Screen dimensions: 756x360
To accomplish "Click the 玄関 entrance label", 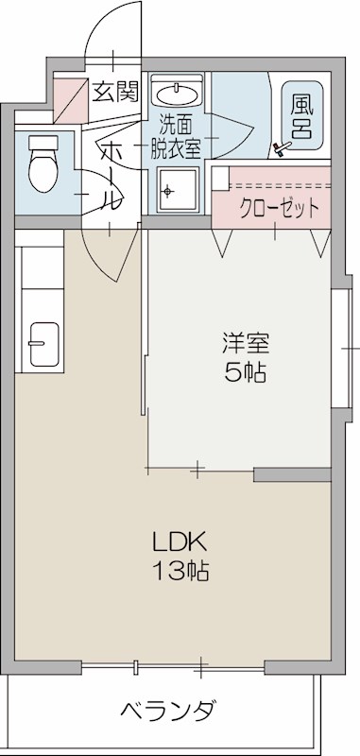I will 115,92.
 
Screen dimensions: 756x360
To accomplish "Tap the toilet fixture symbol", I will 43,163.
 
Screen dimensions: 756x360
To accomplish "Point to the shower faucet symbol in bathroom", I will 280,147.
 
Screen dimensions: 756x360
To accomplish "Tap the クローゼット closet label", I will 279,208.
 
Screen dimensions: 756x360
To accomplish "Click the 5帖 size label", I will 244,371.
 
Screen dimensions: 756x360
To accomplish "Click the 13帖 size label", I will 180,571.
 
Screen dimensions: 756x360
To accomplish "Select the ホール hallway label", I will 110,175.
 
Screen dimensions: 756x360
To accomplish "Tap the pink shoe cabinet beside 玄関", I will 67,94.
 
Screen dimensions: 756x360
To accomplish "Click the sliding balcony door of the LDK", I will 170,667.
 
